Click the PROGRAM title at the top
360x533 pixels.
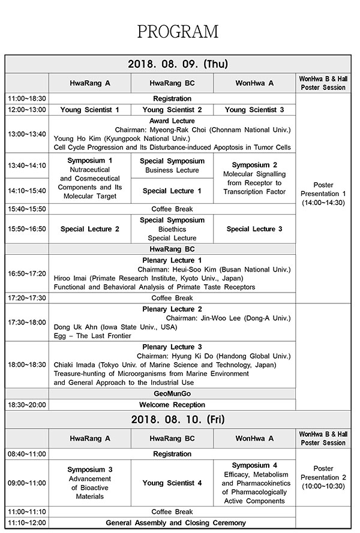(x=178, y=31)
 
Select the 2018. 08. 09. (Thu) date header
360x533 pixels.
(x=178, y=64)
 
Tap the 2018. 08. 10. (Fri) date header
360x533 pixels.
(x=178, y=418)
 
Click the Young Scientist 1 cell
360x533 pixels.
(x=89, y=110)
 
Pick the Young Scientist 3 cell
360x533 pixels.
(x=254, y=110)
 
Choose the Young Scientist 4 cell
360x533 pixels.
(x=172, y=483)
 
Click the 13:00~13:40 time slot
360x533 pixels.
(x=26, y=134)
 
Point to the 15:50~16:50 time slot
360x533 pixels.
(x=26, y=229)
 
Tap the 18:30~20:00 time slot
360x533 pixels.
(x=26, y=405)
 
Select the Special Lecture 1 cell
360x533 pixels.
(x=172, y=191)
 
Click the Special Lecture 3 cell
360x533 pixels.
(x=254, y=229)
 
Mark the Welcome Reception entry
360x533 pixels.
(x=172, y=405)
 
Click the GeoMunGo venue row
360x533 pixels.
(x=172, y=393)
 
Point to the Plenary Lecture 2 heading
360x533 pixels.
(x=172, y=309)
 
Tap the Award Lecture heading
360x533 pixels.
(x=172, y=121)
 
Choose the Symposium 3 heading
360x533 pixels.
(x=89, y=469)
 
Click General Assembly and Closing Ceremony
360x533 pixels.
(x=172, y=522)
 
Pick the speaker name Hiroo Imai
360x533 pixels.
(x=75, y=278)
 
